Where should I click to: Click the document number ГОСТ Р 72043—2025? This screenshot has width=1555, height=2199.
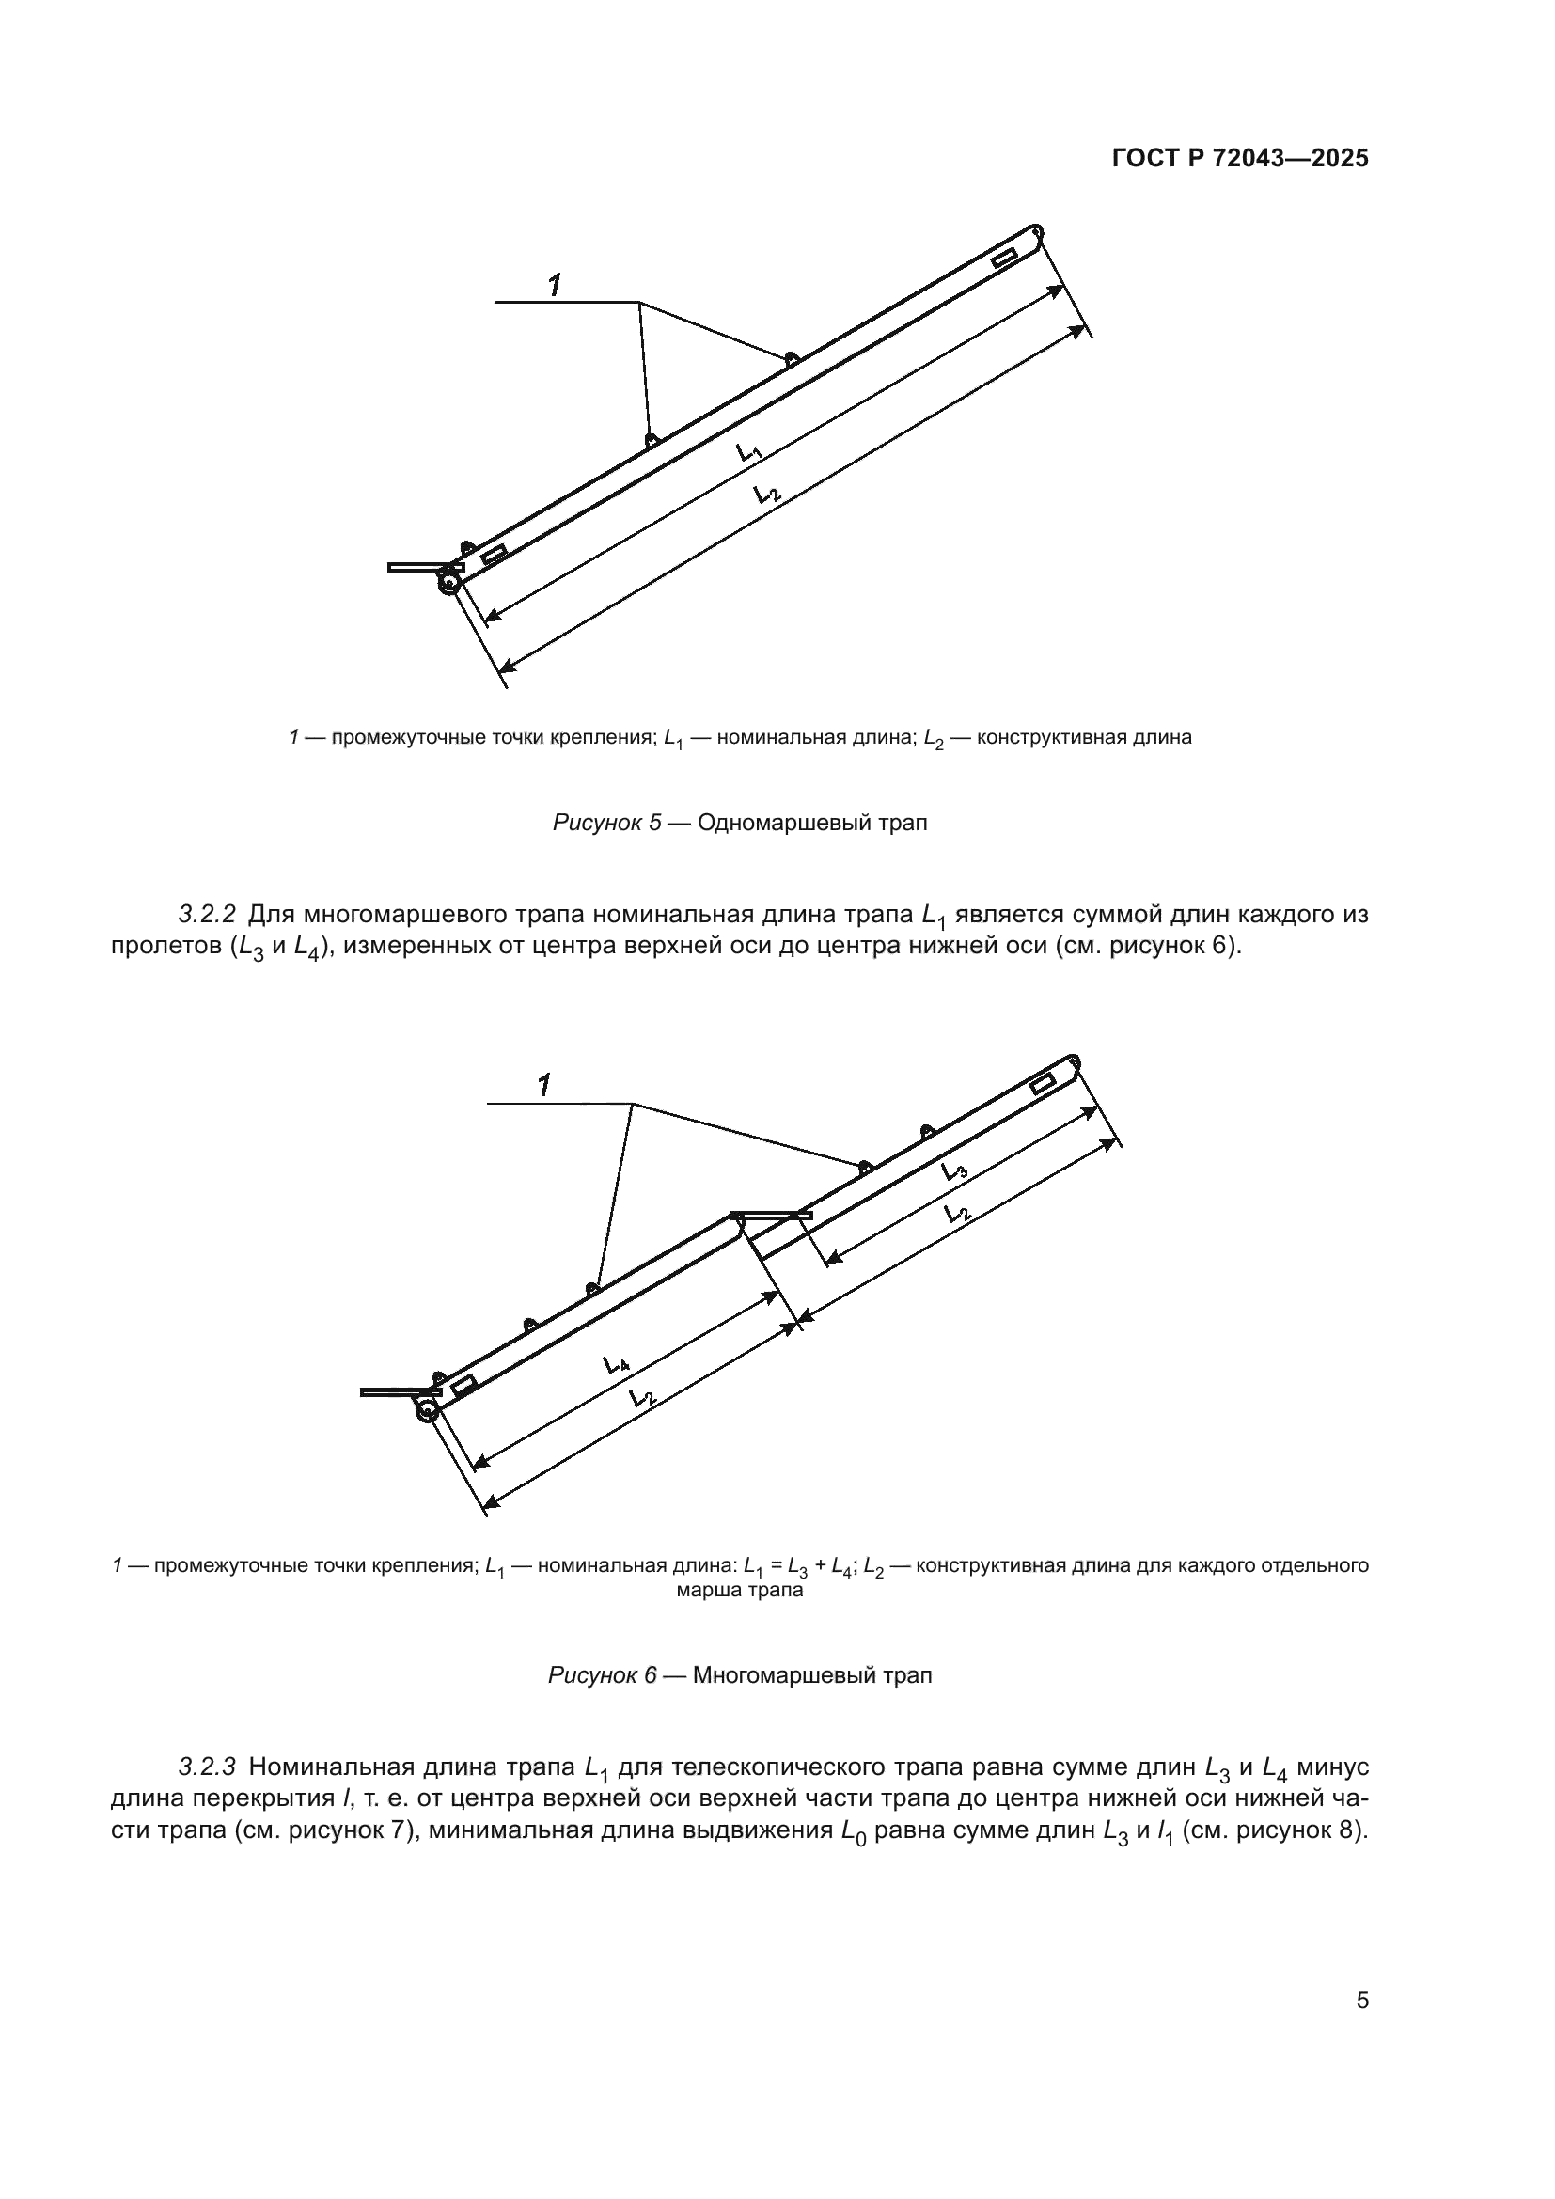pyautogui.click(x=1240, y=159)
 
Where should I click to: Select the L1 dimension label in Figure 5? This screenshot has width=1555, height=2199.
pyautogui.click(x=748, y=452)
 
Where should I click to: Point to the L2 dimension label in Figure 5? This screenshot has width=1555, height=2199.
pyautogui.click(x=767, y=495)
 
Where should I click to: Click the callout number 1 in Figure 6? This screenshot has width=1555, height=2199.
pyautogui.click(x=543, y=1085)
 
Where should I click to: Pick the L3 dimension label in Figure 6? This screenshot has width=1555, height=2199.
pyautogui.click(x=953, y=1170)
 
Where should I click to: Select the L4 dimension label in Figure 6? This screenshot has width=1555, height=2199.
pyautogui.click(x=616, y=1364)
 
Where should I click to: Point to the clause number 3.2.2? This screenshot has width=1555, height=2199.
pyautogui.click(x=207, y=915)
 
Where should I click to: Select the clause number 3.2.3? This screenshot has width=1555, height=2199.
pyautogui.click(x=207, y=1767)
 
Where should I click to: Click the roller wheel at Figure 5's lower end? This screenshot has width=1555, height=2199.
pyautogui.click(x=448, y=582)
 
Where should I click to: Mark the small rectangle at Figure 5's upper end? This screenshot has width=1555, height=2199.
pyautogui.click(x=1004, y=259)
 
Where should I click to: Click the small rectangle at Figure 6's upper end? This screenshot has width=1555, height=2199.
pyautogui.click(x=1043, y=1084)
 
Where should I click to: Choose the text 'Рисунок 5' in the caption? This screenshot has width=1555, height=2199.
pyautogui.click(x=607, y=823)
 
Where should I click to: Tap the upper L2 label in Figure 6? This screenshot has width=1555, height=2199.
pyautogui.click(x=955, y=1214)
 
